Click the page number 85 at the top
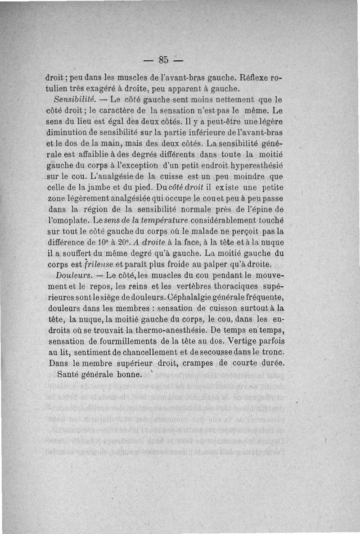[x=163, y=59]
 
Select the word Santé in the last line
[x=70, y=374]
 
